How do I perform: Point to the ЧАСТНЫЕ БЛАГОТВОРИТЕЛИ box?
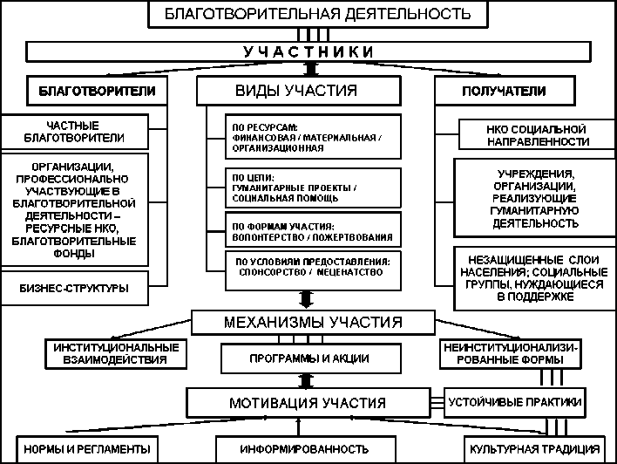click(x=85, y=132)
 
